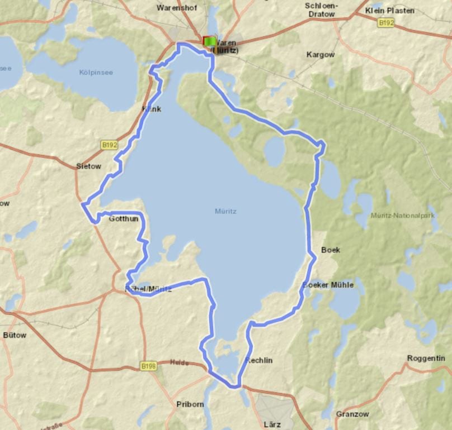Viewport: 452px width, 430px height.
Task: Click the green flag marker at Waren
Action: pos(210,41)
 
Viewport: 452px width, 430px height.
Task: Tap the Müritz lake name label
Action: pos(225,212)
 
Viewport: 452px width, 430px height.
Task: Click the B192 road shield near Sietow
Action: pos(110,145)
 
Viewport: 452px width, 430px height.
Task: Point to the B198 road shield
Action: pos(148,366)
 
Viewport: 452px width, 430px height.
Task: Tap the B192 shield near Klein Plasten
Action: pos(385,23)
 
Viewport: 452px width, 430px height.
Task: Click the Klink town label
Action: pos(152,109)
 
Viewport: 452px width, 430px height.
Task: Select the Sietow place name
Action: pos(88,166)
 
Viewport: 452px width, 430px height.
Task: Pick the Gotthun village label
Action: pos(123,219)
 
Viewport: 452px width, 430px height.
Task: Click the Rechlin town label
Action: pos(259,360)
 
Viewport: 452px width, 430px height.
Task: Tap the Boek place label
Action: pos(331,250)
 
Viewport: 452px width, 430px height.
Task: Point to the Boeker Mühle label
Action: pos(328,285)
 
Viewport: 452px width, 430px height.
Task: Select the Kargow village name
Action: pos(321,55)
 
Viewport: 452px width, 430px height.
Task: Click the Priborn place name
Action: pos(190,404)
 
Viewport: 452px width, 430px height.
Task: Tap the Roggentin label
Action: pos(426,358)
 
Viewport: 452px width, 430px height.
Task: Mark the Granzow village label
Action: pos(352,414)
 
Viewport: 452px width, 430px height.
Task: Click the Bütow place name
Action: pos(15,335)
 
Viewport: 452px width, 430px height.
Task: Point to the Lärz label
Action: pos(272,424)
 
